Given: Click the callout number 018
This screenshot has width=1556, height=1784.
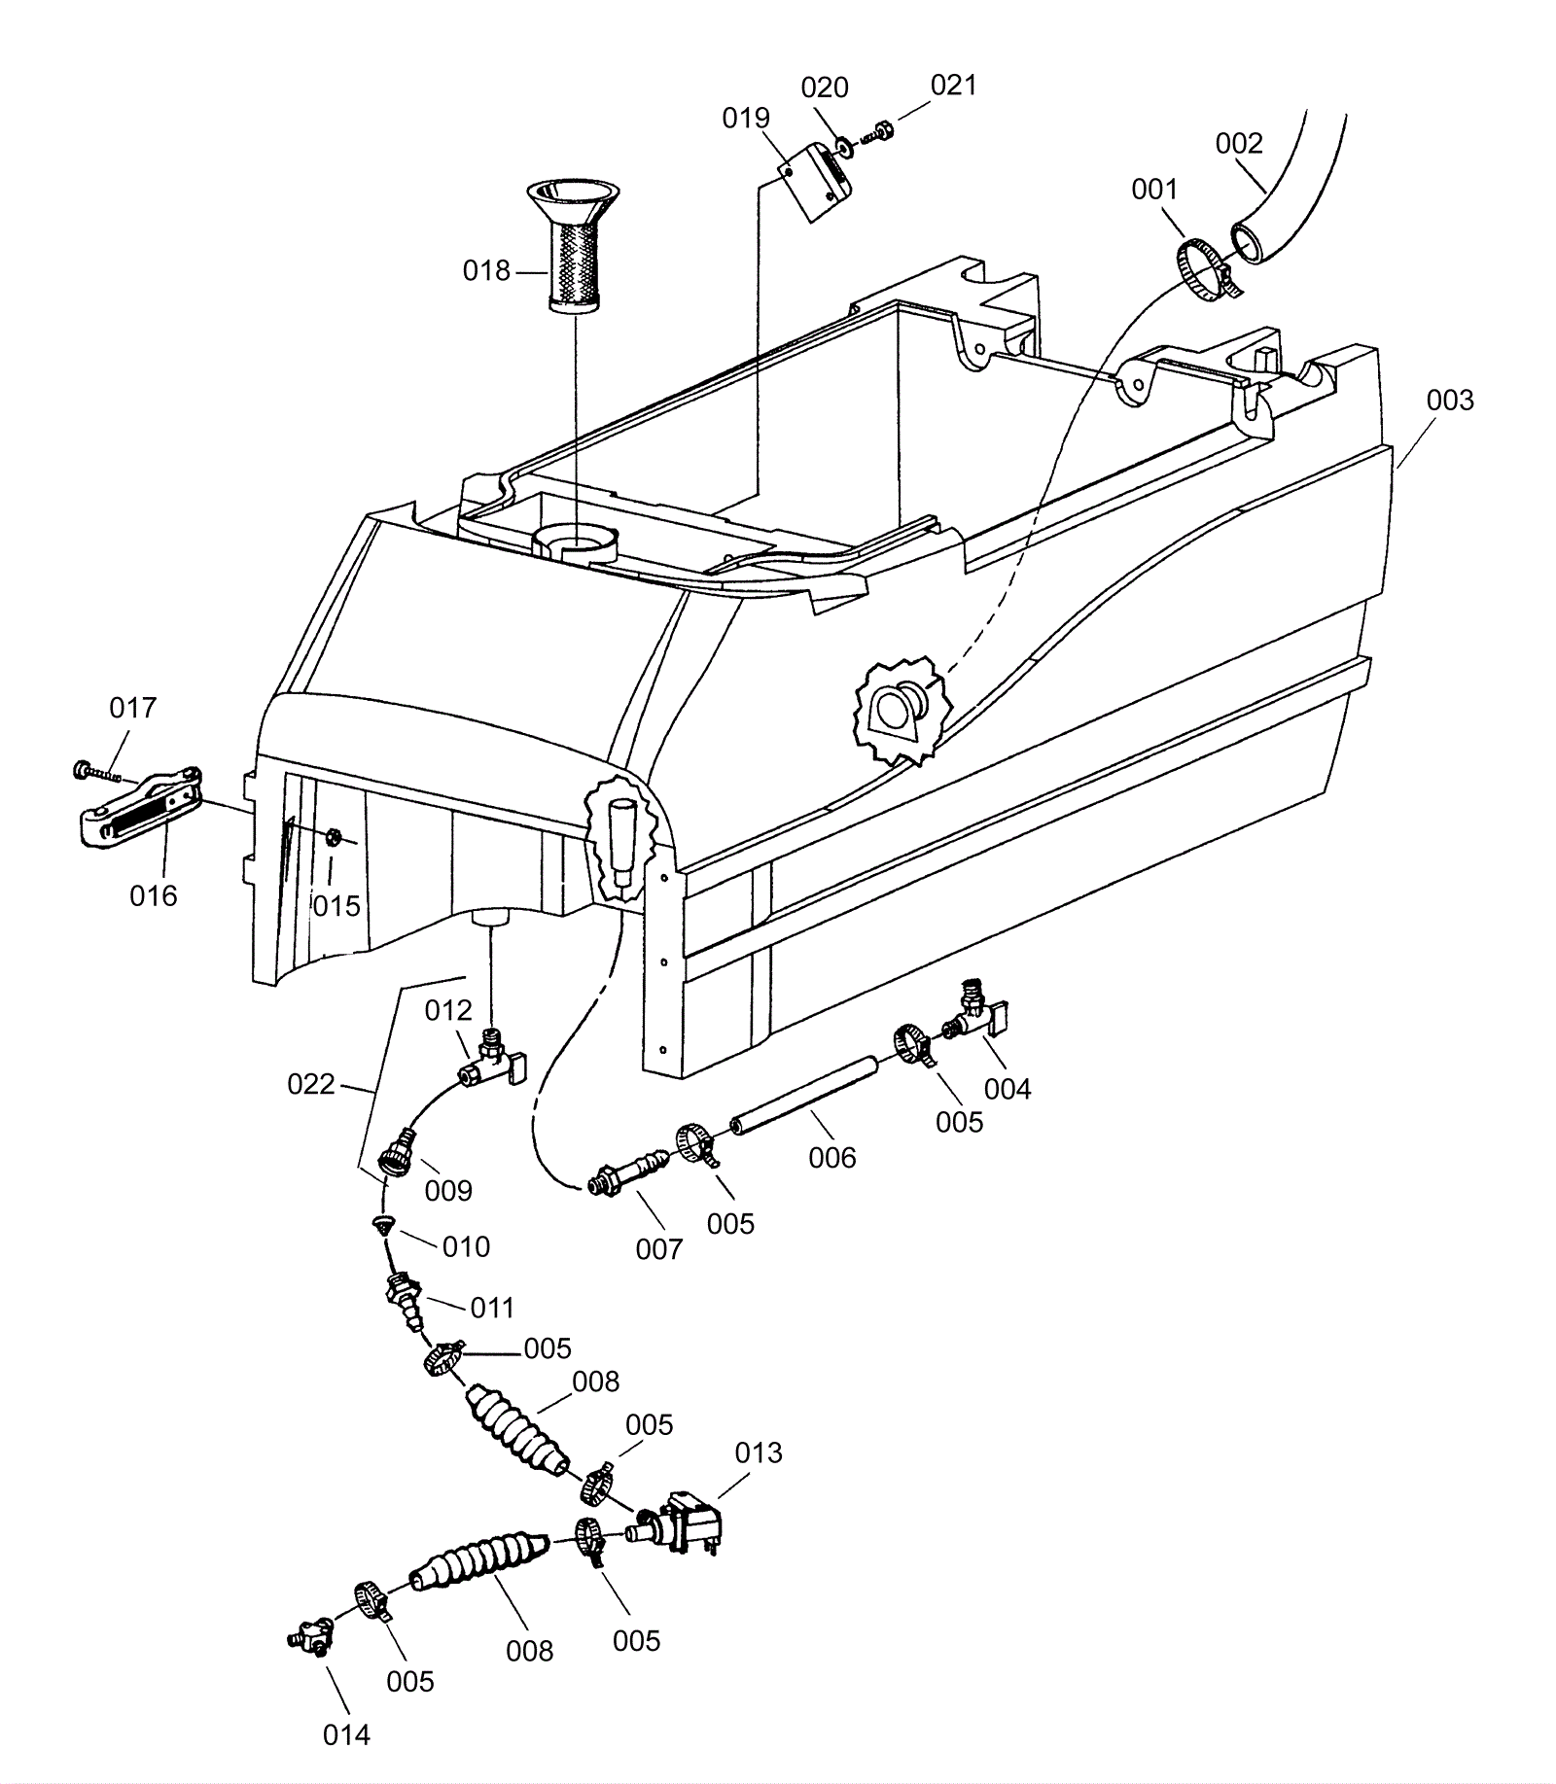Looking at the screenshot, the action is pyautogui.click(x=486, y=270).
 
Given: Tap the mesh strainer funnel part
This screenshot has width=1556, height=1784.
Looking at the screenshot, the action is pyautogui.click(x=575, y=245).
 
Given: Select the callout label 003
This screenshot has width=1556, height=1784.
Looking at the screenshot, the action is pyautogui.click(x=1450, y=401).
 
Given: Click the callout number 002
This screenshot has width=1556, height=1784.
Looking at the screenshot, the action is pyautogui.click(x=1239, y=144).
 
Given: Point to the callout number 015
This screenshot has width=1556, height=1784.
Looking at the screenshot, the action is pyautogui.click(x=336, y=906).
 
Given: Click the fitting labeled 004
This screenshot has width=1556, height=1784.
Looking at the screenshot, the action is pyautogui.click(x=979, y=1008).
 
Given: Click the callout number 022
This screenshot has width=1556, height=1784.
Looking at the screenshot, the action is pyautogui.click(x=311, y=1084).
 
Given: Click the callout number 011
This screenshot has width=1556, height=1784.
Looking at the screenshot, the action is pyautogui.click(x=492, y=1308).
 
